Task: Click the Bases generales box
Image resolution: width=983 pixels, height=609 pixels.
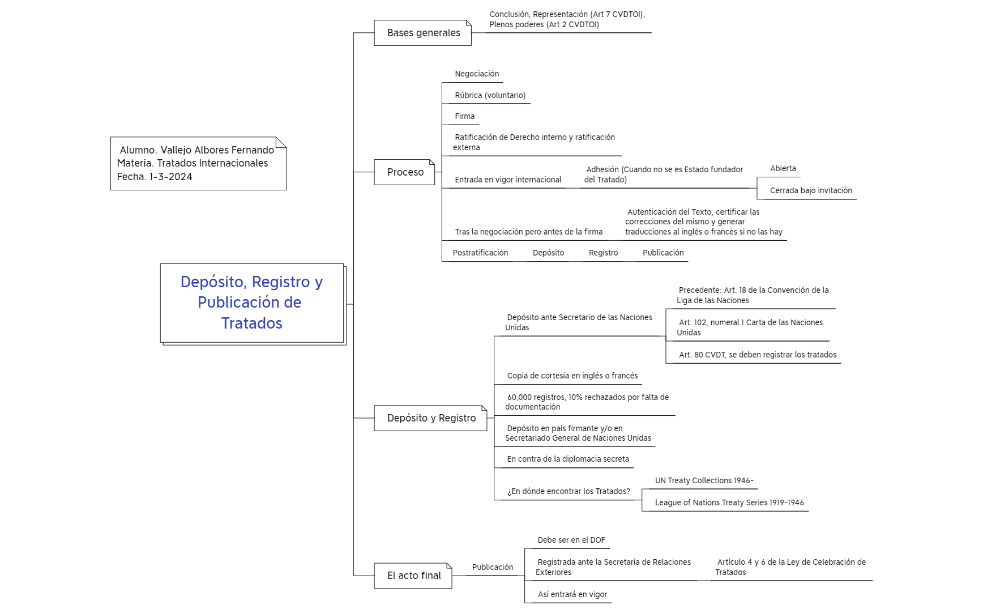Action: click(x=422, y=33)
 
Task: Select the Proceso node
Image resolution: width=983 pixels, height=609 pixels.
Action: click(x=404, y=172)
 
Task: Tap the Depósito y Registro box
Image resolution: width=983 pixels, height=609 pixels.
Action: click(x=430, y=418)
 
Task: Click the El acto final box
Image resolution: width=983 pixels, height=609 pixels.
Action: click(x=413, y=576)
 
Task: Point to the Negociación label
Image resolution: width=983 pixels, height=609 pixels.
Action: click(x=477, y=74)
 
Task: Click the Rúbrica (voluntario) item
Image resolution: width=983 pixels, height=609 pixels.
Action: click(x=490, y=95)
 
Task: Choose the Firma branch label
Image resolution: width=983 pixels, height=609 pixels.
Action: click(x=465, y=116)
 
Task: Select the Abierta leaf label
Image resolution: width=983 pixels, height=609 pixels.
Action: click(x=783, y=168)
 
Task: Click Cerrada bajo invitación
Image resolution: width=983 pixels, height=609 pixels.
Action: click(x=811, y=190)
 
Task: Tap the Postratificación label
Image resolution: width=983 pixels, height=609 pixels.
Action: click(x=480, y=253)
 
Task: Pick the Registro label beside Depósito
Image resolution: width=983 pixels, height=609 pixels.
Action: click(x=603, y=253)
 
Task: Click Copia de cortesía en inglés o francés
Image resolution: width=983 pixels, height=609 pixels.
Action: click(x=572, y=376)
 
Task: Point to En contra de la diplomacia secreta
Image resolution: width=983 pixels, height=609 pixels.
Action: click(x=568, y=459)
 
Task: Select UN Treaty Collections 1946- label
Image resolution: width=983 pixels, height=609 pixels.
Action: click(x=704, y=480)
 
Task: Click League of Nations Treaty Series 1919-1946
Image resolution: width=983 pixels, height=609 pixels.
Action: click(x=729, y=502)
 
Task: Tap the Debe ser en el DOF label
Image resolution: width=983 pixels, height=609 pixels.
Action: click(x=571, y=540)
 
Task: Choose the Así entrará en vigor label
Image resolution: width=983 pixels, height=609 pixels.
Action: click(x=572, y=594)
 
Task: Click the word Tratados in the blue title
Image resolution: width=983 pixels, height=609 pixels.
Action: click(x=251, y=323)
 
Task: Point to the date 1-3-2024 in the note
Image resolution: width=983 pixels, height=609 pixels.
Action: click(x=171, y=177)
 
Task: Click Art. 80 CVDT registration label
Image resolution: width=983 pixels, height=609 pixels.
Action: click(x=758, y=355)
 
